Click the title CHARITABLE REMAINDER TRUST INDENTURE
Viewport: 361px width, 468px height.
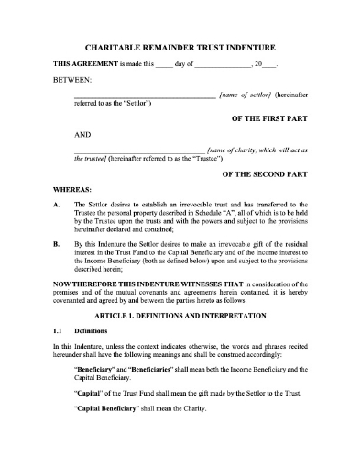tap(180, 46)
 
